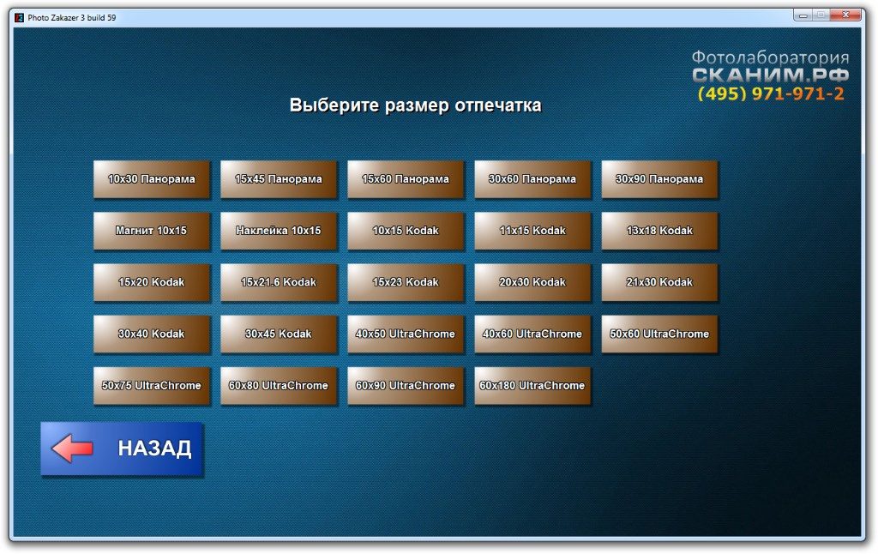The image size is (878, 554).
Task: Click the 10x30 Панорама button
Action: click(x=151, y=179)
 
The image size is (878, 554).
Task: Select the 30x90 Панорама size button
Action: click(x=659, y=179)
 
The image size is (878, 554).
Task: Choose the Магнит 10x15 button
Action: click(x=151, y=231)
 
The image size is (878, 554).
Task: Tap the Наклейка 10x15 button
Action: click(x=279, y=231)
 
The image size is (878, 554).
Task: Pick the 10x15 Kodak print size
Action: click(x=406, y=231)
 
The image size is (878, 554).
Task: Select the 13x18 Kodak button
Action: click(x=659, y=231)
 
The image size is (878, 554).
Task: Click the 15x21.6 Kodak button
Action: click(x=279, y=282)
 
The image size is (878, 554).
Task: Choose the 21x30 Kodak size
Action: click(x=659, y=282)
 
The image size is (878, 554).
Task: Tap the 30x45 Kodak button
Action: click(x=279, y=334)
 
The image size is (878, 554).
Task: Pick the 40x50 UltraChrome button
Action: click(x=406, y=334)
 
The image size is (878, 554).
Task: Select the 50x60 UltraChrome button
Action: click(x=659, y=334)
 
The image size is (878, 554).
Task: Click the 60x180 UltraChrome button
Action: click(x=532, y=385)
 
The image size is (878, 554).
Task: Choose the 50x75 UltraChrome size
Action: click(x=151, y=385)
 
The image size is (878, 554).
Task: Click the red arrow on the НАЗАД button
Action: click(x=72, y=449)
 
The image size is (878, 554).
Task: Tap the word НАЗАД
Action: click(x=154, y=449)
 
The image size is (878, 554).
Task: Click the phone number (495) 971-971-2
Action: click(x=771, y=93)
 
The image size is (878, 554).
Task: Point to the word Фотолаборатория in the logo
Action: click(x=770, y=57)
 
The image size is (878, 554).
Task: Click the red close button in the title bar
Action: click(x=845, y=15)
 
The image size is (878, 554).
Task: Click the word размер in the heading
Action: click(x=417, y=105)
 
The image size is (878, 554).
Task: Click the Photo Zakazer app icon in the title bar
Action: click(x=19, y=17)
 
